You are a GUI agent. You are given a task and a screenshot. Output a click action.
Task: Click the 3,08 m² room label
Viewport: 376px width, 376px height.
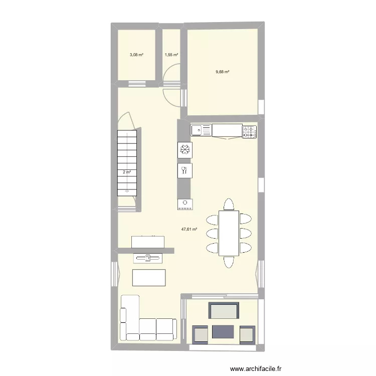click(x=137, y=55)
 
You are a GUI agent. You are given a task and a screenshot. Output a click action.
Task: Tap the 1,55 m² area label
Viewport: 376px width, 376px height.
click(x=171, y=55)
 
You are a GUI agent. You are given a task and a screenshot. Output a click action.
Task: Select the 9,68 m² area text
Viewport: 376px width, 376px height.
click(x=223, y=72)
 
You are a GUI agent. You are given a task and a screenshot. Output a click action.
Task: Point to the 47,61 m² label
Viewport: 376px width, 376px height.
click(x=189, y=229)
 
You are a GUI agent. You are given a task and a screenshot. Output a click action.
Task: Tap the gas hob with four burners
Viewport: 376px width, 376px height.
click(x=249, y=132)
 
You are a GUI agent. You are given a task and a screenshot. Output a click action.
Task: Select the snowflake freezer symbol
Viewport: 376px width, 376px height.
click(x=184, y=149)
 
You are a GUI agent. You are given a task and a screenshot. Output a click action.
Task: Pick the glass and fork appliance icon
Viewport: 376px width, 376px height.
click(x=184, y=170)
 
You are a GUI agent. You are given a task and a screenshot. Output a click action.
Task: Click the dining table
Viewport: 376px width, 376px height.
click(x=229, y=234)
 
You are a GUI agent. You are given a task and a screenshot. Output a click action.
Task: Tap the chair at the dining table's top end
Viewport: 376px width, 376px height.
click(x=229, y=205)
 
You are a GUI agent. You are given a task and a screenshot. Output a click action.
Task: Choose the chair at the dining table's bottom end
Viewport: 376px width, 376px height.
click(x=229, y=262)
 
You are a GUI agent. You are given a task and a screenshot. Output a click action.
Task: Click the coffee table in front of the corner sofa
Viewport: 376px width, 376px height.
click(x=148, y=277)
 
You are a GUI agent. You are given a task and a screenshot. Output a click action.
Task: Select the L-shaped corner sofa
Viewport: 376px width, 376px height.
click(x=140, y=326)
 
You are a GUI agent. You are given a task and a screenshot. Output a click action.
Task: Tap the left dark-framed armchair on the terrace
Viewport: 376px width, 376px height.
click(x=200, y=334)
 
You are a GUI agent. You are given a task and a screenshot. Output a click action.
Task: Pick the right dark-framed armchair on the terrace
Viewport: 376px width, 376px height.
click(x=248, y=334)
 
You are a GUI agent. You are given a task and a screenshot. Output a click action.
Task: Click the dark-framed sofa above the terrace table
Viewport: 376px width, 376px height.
click(x=224, y=311)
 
